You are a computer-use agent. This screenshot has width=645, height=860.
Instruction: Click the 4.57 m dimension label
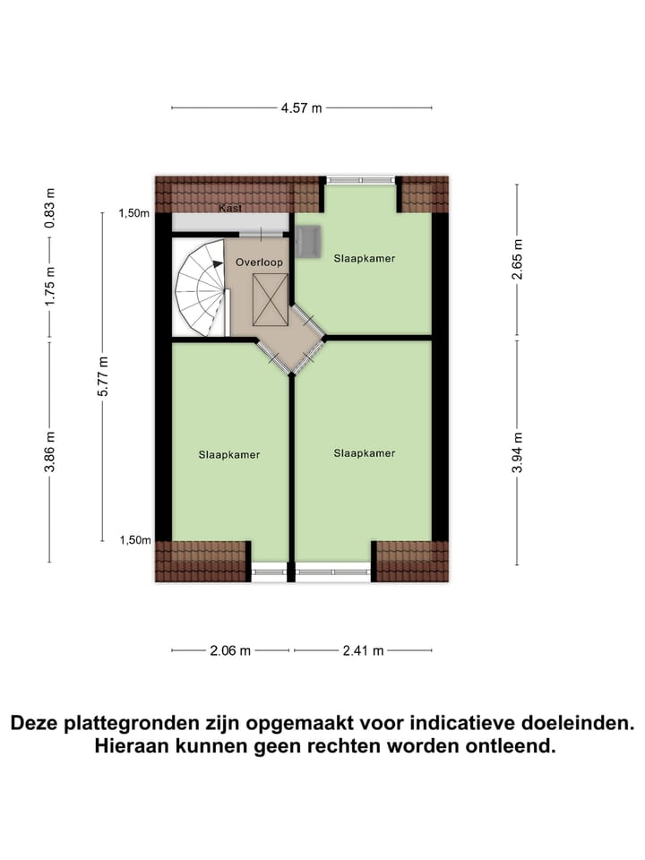[x=301, y=108]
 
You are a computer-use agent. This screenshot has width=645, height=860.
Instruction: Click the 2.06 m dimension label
[x=230, y=651]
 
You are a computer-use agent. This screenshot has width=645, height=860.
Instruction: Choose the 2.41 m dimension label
[x=364, y=651]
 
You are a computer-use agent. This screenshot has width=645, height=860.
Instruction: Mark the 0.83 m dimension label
[x=50, y=208]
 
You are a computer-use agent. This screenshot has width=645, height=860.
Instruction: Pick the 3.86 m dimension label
[x=50, y=452]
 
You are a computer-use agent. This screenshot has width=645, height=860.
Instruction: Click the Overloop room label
[x=259, y=262]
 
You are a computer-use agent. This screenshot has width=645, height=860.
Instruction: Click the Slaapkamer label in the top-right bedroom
[x=364, y=258]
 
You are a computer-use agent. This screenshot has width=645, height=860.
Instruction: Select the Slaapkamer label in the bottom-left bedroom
[x=229, y=455]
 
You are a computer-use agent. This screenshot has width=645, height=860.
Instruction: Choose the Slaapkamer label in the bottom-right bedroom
[x=364, y=453]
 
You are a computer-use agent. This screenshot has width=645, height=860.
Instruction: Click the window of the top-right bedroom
[x=359, y=179]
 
